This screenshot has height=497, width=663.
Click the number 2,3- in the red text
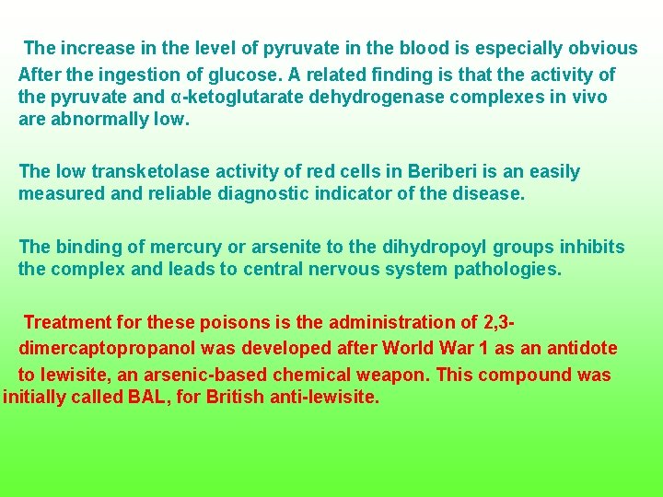click(x=498, y=322)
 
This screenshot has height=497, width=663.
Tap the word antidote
click(x=581, y=349)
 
